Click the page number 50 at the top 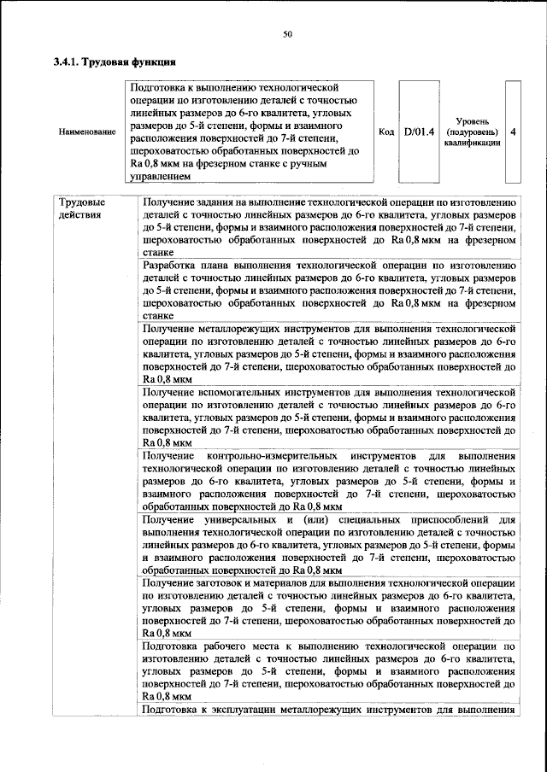click(288, 33)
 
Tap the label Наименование click(87, 132)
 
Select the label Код click(385, 132)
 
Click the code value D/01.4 click(419, 132)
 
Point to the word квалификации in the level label click(472, 143)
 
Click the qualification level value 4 click(512, 132)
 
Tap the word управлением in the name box click(166, 177)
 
